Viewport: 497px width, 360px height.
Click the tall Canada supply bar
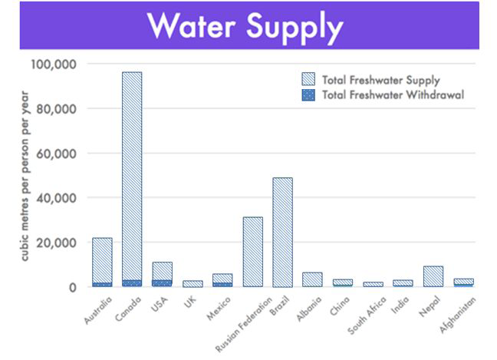coord(132,177)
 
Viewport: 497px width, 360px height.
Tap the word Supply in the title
coord(298,28)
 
